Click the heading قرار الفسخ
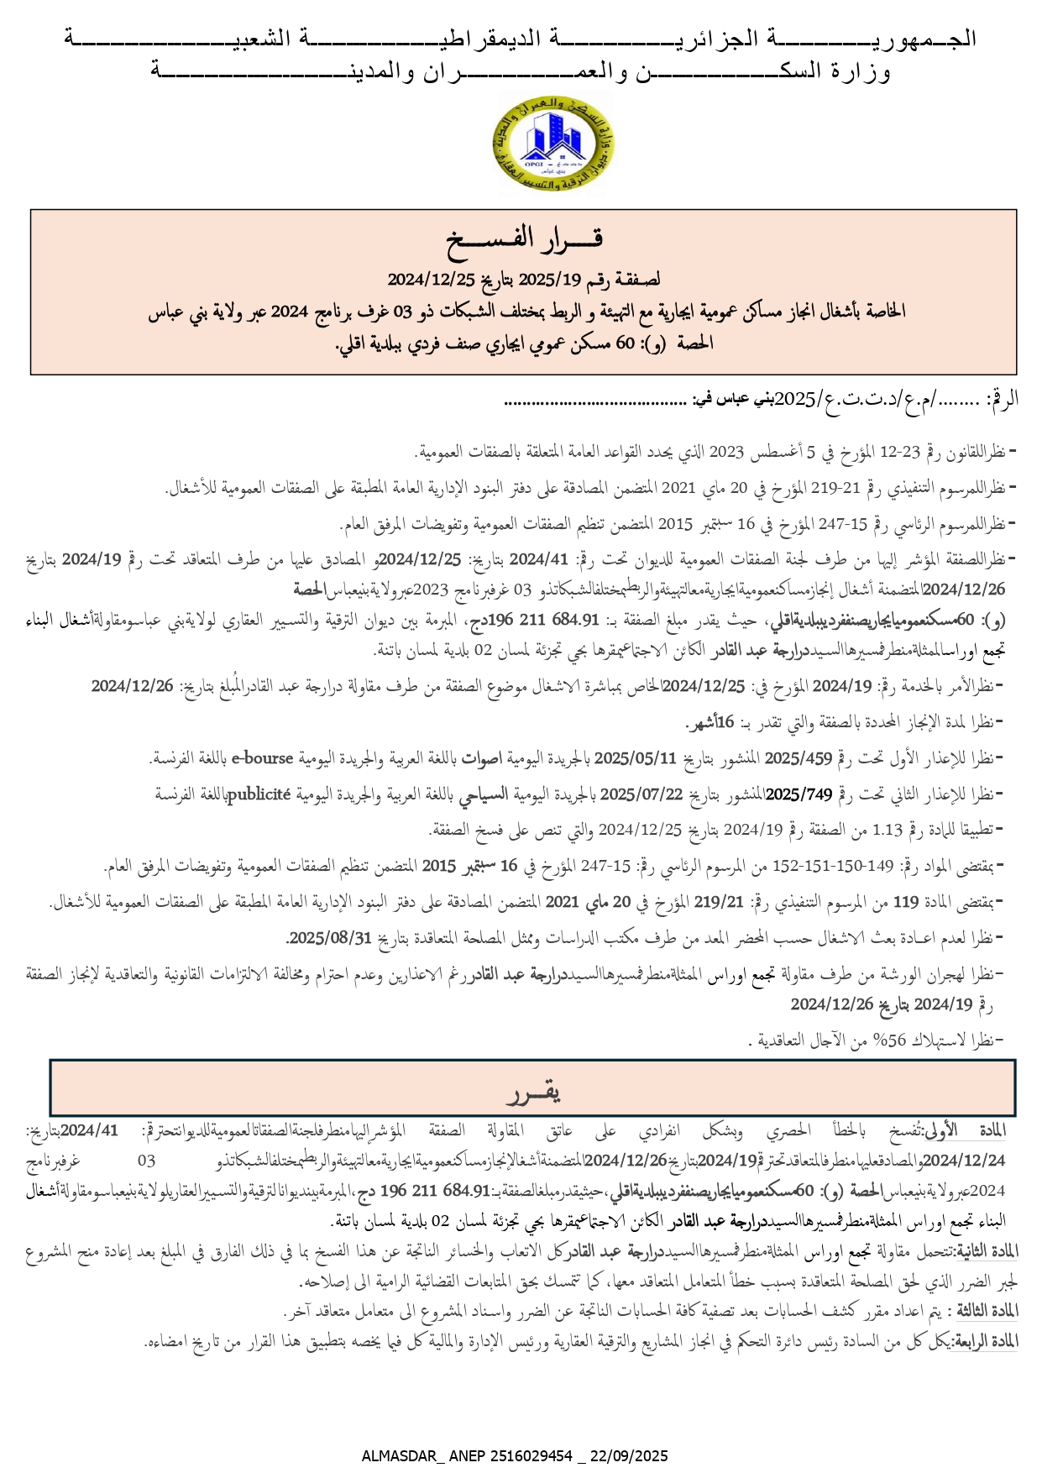click(x=525, y=239)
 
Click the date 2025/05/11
click(x=636, y=758)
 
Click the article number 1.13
click(x=888, y=830)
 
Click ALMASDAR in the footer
click(x=400, y=1455)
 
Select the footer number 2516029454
click(x=526, y=1455)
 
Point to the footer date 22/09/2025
click(x=629, y=1455)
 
